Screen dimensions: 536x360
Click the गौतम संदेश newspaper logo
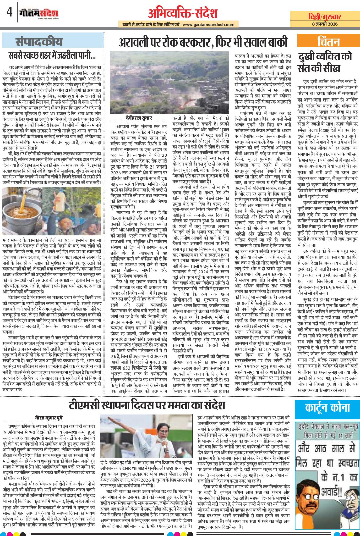pyautogui.click(x=38, y=13)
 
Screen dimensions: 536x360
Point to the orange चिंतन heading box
pyautogui.click(x=328, y=41)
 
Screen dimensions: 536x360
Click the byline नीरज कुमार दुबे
pyautogui.click(x=49, y=417)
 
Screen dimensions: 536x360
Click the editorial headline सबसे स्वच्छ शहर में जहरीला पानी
pyautogui.click(x=52, y=55)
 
